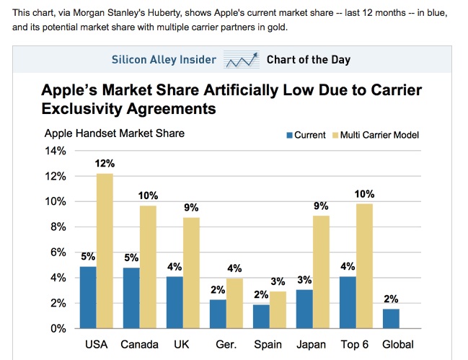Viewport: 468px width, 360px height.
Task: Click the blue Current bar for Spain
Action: click(x=260, y=316)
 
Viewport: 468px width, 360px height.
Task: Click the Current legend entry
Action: click(x=306, y=135)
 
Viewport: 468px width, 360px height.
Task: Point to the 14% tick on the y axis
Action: click(x=56, y=151)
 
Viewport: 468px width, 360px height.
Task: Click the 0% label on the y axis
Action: click(x=58, y=328)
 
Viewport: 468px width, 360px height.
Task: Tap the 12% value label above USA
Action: click(x=105, y=164)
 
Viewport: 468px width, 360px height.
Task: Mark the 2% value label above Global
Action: click(x=390, y=299)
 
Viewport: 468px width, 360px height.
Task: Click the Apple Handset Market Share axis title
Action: click(x=114, y=133)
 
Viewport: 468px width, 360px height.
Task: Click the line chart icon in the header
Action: click(x=242, y=60)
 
